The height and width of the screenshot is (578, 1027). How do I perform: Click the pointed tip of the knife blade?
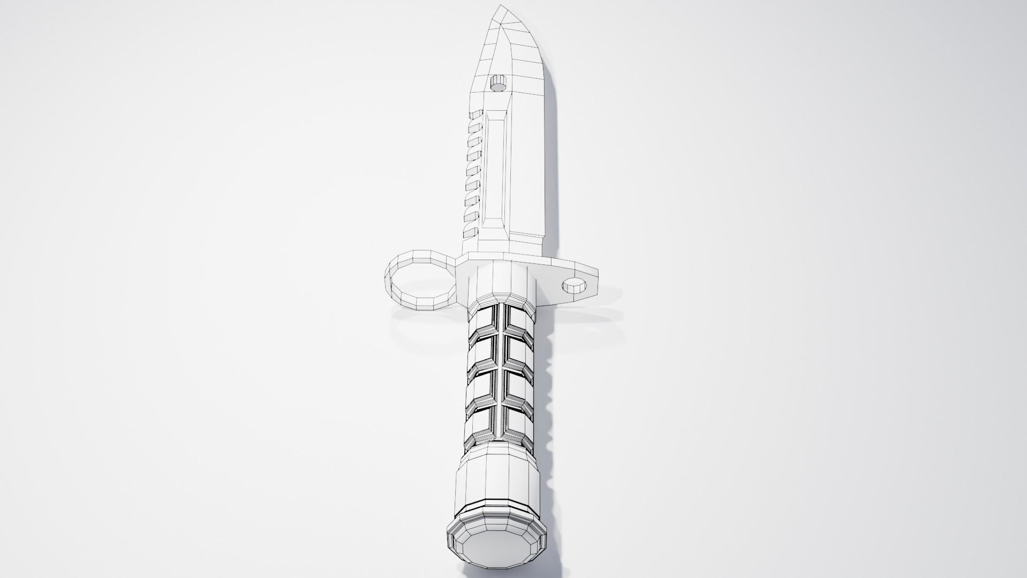click(x=501, y=7)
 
